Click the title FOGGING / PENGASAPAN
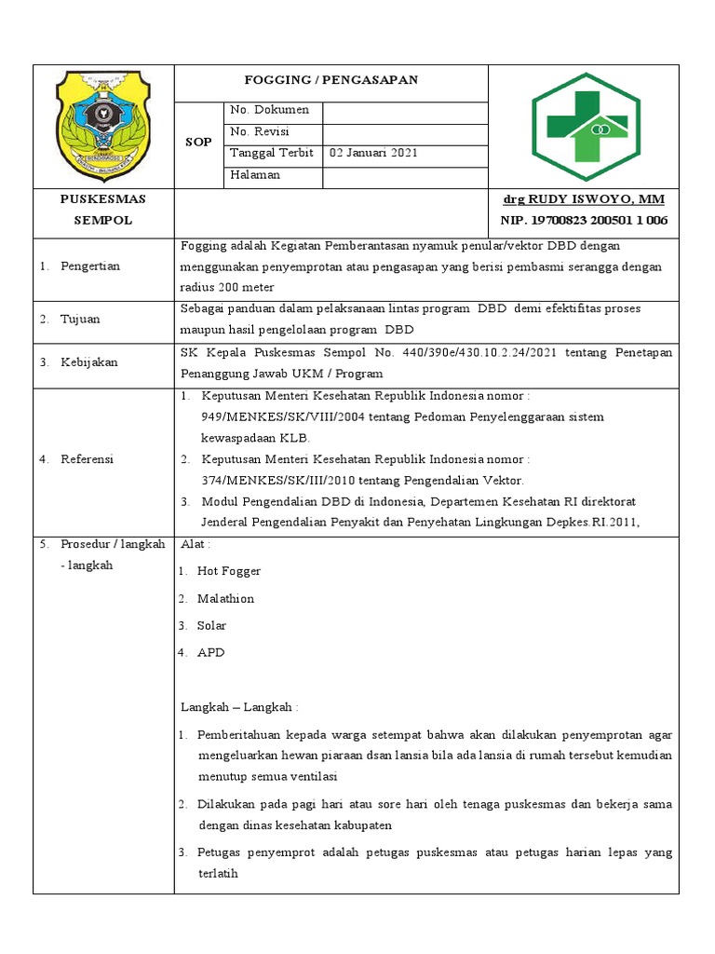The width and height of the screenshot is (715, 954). [331, 80]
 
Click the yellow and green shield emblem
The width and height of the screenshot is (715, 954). [102, 125]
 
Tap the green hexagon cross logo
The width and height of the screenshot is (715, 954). [585, 126]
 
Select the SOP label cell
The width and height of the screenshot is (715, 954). [199, 143]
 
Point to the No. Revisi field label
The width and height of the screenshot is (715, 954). [260, 132]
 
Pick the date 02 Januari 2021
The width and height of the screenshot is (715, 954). [366, 154]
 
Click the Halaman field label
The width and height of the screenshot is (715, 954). [255, 175]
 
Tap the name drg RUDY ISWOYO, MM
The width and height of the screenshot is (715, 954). [584, 199]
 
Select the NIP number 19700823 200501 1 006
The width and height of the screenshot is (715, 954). [584, 221]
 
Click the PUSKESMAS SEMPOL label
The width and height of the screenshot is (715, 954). [102, 210]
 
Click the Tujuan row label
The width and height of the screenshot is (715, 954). [80, 320]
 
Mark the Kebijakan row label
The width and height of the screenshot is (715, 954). [88, 362]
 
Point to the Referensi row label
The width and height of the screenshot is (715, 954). [88, 459]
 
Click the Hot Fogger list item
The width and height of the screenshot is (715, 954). [228, 571]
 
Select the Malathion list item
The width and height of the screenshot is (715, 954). [225, 598]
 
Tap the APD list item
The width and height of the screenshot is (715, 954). [210, 652]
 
